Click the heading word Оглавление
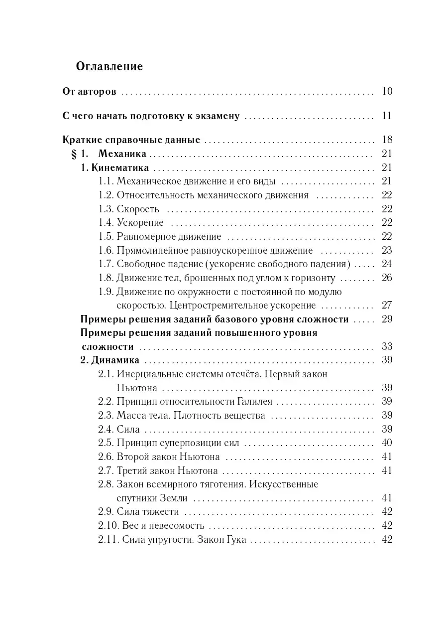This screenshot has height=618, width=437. (109, 66)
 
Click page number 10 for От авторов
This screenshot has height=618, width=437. (387, 91)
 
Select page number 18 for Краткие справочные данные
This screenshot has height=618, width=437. (387, 140)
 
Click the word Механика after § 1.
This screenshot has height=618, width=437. (122, 154)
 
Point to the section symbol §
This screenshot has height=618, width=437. (75, 154)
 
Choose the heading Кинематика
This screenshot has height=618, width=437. (120, 168)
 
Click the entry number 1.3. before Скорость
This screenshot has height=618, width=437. (106, 209)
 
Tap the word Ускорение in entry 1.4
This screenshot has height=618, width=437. (140, 223)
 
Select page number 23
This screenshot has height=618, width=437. (387, 250)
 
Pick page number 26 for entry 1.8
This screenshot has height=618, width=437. (387, 278)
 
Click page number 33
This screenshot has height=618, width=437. (387, 347)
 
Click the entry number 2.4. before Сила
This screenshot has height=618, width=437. (106, 429)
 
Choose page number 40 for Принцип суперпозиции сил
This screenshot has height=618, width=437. (387, 443)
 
